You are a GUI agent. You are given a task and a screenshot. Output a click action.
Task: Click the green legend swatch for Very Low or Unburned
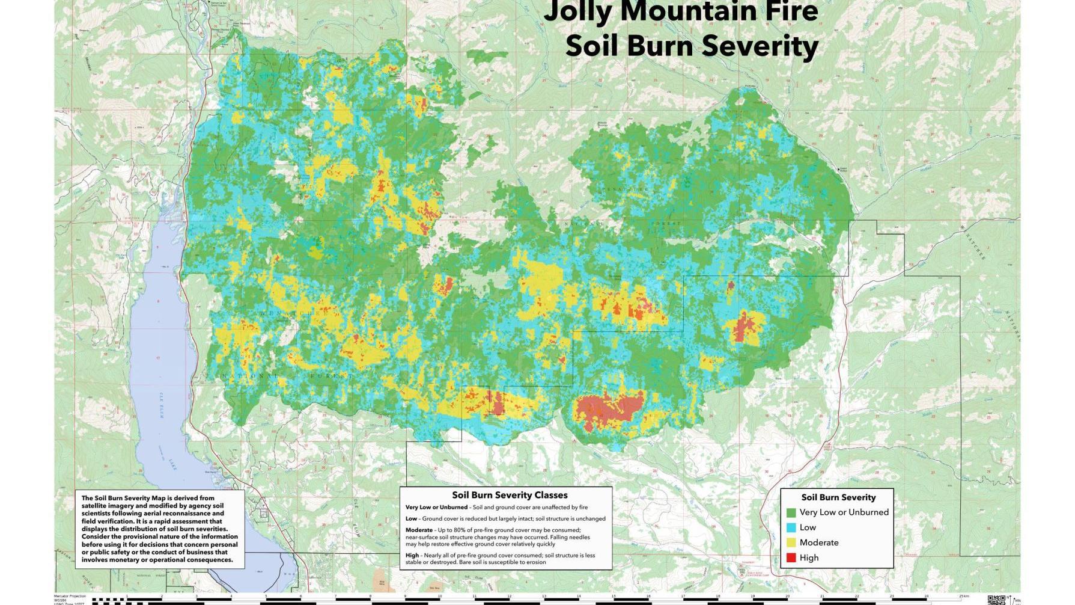791,512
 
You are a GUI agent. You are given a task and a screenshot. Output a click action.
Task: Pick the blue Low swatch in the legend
791,527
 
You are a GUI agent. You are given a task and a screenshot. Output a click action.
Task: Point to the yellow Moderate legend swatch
791,542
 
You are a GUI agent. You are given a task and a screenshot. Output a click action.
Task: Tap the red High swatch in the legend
791,557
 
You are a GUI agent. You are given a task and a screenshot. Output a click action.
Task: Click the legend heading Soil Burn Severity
838,497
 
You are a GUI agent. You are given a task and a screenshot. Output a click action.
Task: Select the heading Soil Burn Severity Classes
510,495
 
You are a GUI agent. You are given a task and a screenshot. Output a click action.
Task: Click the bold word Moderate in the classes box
419,530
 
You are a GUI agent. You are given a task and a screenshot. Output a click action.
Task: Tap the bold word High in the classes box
412,556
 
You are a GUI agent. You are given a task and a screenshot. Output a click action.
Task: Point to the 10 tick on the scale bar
439,597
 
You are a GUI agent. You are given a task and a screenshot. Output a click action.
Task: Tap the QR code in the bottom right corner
996,600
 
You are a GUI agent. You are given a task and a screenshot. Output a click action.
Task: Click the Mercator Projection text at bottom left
70,596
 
